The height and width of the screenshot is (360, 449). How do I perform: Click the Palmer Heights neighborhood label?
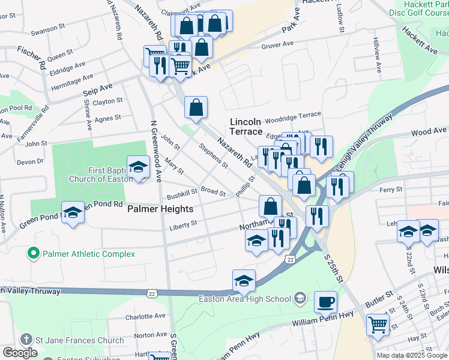point(160,209)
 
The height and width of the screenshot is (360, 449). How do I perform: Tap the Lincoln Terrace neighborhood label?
point(246,126)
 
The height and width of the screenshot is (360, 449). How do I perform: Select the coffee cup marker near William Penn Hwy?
point(326,301)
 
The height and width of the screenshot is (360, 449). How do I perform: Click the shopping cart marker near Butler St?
point(378,325)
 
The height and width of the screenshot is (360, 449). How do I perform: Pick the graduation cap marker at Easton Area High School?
point(244,280)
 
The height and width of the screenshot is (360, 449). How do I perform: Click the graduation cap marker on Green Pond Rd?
point(73,212)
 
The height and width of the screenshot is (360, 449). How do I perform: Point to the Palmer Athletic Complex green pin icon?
point(35,254)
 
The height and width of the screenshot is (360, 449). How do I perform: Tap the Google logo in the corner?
point(20,353)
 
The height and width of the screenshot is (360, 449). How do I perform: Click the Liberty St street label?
point(183,224)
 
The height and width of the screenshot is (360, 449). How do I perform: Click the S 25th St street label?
point(334,269)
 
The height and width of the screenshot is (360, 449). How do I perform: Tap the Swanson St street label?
point(48,29)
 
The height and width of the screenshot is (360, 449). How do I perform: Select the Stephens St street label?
point(214,154)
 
